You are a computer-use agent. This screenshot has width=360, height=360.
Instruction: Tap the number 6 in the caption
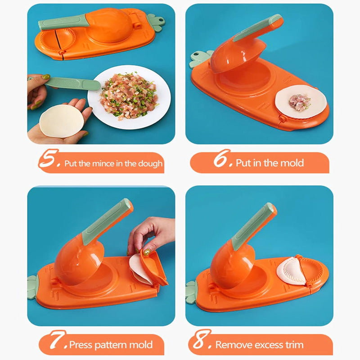pyautogui.click(x=222, y=160)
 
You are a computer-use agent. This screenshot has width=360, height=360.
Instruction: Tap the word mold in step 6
pyautogui.click(x=292, y=163)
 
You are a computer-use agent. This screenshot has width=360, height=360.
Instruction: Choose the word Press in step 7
pyautogui.click(x=81, y=346)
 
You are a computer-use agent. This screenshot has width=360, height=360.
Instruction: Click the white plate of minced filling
pyautogui.click(x=130, y=97)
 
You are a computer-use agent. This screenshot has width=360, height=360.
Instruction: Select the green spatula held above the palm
pyautogui.click(x=72, y=84)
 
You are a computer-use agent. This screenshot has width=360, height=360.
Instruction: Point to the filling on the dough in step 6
pyautogui.click(x=299, y=102)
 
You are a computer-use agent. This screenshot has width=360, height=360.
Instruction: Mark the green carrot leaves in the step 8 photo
pyautogui.click(x=191, y=292)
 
